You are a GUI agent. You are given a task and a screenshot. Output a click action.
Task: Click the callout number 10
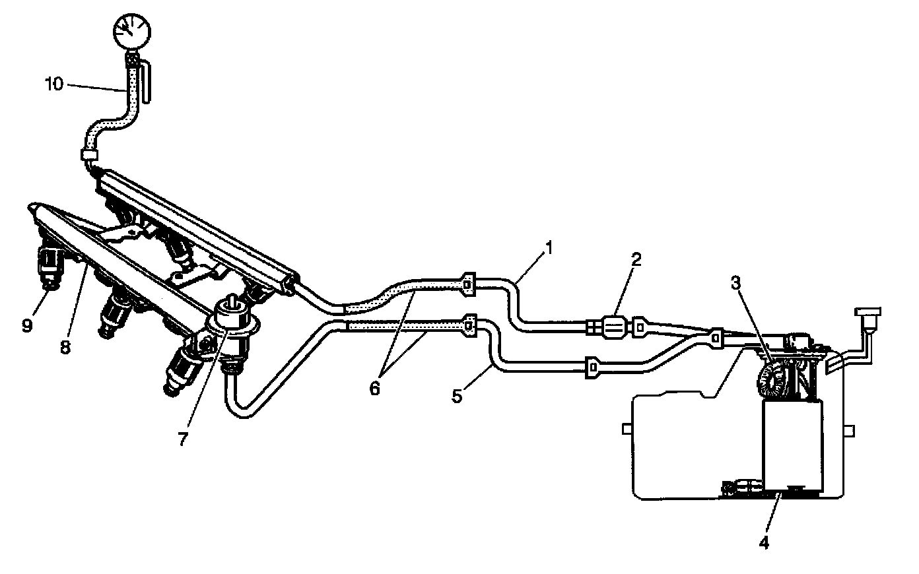[55, 84]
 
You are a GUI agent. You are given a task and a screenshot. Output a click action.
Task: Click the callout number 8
[65, 348]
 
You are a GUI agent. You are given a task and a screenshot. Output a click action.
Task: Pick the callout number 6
[374, 388]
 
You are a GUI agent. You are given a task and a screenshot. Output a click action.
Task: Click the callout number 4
[764, 543]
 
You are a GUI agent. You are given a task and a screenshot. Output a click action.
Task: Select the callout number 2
[635, 259]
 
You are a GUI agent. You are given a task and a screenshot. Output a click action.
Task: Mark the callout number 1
[549, 249]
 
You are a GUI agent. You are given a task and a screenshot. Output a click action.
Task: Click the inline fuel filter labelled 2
[617, 326]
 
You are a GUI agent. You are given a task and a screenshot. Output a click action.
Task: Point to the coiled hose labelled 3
[770, 381]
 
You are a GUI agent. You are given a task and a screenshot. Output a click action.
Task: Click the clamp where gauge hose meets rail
[88, 156]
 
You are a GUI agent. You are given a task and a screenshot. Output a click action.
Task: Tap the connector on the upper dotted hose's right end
[468, 283]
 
